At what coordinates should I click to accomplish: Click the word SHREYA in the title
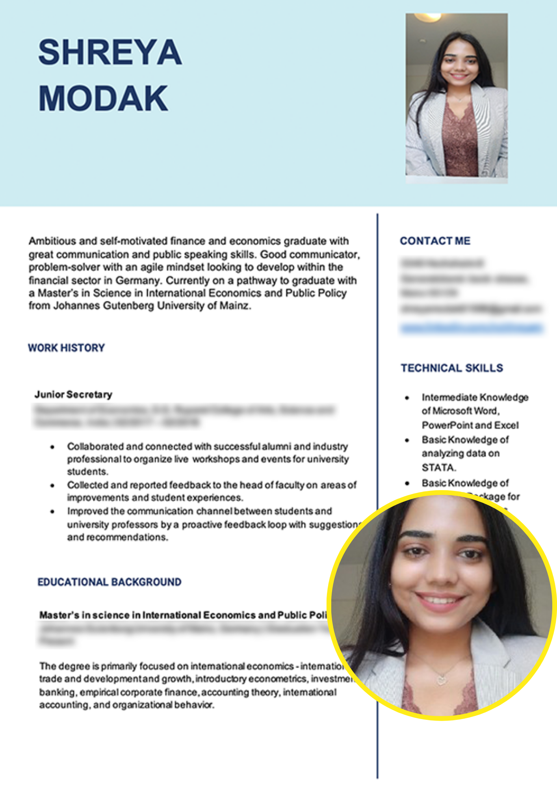(110, 52)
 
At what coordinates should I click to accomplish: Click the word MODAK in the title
(103, 98)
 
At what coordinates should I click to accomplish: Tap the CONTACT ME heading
(435, 241)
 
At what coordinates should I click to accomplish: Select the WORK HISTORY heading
(66, 348)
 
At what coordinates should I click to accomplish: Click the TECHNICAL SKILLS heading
(452, 368)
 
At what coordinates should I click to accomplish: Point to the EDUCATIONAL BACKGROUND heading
(109, 582)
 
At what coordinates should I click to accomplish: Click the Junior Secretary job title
(73, 394)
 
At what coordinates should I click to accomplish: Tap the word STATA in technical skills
(438, 468)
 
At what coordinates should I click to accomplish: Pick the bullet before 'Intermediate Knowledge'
(407, 398)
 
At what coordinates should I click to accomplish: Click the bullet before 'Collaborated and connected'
(52, 447)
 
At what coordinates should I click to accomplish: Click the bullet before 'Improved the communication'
(52, 511)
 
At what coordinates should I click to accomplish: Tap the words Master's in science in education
(84, 615)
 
